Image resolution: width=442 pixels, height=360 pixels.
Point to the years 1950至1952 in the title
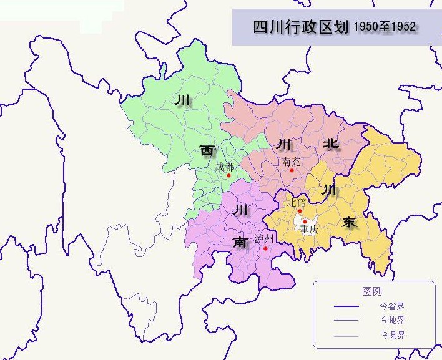click(385, 27)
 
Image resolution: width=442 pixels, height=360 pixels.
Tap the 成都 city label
click(225, 167)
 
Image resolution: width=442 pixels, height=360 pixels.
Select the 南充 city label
click(291, 162)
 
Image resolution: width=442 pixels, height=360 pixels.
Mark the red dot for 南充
click(292, 170)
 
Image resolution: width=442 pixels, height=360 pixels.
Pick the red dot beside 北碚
click(300, 211)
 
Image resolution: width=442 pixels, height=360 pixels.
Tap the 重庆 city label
click(309, 229)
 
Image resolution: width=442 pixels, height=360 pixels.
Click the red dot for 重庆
click(304, 221)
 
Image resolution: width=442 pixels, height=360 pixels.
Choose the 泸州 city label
click(265, 239)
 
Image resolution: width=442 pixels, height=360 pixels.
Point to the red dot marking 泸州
click(265, 248)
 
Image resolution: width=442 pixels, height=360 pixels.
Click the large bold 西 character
click(207, 150)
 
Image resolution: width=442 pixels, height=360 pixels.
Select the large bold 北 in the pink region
click(330, 144)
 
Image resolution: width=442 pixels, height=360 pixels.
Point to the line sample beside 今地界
click(346, 321)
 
